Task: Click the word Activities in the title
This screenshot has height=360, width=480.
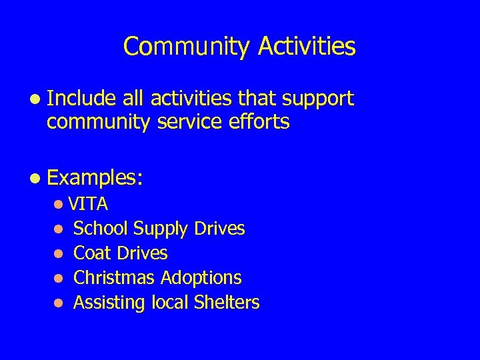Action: (x=307, y=47)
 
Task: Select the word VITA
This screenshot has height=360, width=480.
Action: (x=88, y=203)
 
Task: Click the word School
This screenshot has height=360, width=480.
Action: (x=101, y=229)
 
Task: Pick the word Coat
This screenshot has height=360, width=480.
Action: (x=93, y=253)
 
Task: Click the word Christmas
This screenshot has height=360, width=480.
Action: (x=113, y=278)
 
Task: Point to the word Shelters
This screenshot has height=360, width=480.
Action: (x=227, y=303)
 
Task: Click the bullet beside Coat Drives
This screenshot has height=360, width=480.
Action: (x=59, y=254)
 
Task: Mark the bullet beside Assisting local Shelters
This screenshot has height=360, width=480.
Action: (x=59, y=303)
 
